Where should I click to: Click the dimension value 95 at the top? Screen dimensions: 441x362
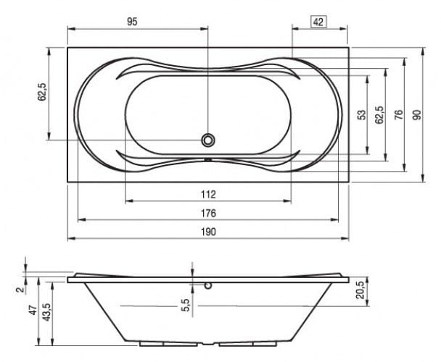pos(132,22)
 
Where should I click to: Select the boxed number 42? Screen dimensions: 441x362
pos(318,22)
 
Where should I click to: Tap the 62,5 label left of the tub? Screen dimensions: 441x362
pos(42,92)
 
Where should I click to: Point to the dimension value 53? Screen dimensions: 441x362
pos(363,114)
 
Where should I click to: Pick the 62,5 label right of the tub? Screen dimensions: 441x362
pos(379,114)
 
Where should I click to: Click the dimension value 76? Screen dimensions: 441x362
pos(398,114)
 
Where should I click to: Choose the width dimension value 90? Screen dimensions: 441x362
pos(417,114)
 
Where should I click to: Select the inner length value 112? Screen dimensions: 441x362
pos(208,194)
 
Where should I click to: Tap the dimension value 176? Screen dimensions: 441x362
pos(208,213)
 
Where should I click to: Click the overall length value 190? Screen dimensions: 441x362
pos(208,232)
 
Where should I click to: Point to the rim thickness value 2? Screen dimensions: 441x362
pos(20,290)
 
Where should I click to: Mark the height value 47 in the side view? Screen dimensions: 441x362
pos(33,310)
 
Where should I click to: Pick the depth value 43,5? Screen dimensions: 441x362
pos(46,312)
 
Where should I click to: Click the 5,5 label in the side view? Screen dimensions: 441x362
pos(186,305)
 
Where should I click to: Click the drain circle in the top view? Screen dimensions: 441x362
pos(208,140)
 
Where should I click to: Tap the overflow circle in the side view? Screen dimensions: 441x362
pos(208,285)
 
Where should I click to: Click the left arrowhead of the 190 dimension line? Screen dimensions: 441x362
pos(71,238)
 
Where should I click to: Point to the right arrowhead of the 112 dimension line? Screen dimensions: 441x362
pos(287,201)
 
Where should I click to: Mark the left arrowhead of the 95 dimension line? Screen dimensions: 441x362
pos(71,29)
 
